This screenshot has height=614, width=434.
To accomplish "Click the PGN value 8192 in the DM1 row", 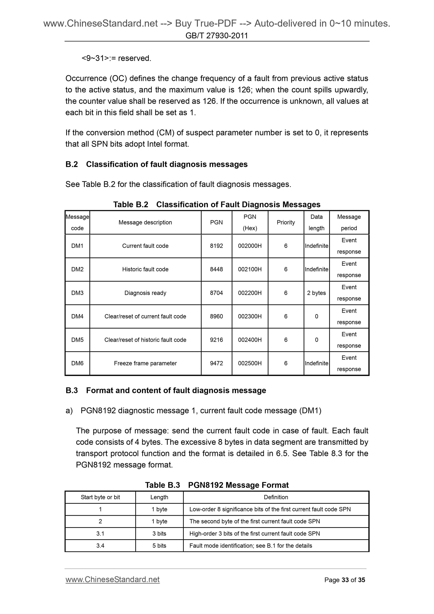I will pos(216,246).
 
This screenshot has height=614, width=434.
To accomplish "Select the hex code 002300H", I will pos(250,316).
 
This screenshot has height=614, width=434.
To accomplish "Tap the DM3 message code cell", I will pos(77,293).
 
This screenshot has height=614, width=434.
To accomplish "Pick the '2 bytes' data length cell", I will pos(316,293).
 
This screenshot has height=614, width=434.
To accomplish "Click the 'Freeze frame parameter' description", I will pos(145,363).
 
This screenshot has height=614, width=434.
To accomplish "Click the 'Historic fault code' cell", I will pos(145,269).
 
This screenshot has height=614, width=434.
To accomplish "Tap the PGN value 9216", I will pos(216,340).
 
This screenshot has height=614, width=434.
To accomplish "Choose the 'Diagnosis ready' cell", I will pos(145,293).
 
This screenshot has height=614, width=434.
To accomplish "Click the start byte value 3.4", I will pos(100,546).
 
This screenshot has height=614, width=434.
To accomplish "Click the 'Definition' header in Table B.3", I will pos(276,497).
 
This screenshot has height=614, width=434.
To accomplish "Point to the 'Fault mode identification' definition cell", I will pos(250,546).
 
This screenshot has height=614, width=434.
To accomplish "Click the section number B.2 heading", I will pos(72,164).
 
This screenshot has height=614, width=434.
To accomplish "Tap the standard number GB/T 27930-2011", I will pos(217,35).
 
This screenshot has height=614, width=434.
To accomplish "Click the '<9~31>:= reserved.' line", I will pos(116,58).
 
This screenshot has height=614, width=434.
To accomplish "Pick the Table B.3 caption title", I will pos(217,485).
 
